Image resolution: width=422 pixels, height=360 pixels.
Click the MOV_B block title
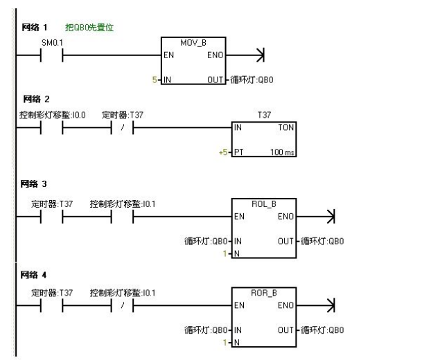(190, 44)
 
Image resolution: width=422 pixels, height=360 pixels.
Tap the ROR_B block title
(263, 293)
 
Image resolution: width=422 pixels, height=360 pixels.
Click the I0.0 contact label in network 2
(48, 114)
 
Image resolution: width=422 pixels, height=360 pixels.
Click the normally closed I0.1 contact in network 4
(122, 305)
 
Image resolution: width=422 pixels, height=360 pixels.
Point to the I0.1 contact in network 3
(122, 217)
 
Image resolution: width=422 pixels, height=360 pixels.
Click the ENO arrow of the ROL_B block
(329, 217)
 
